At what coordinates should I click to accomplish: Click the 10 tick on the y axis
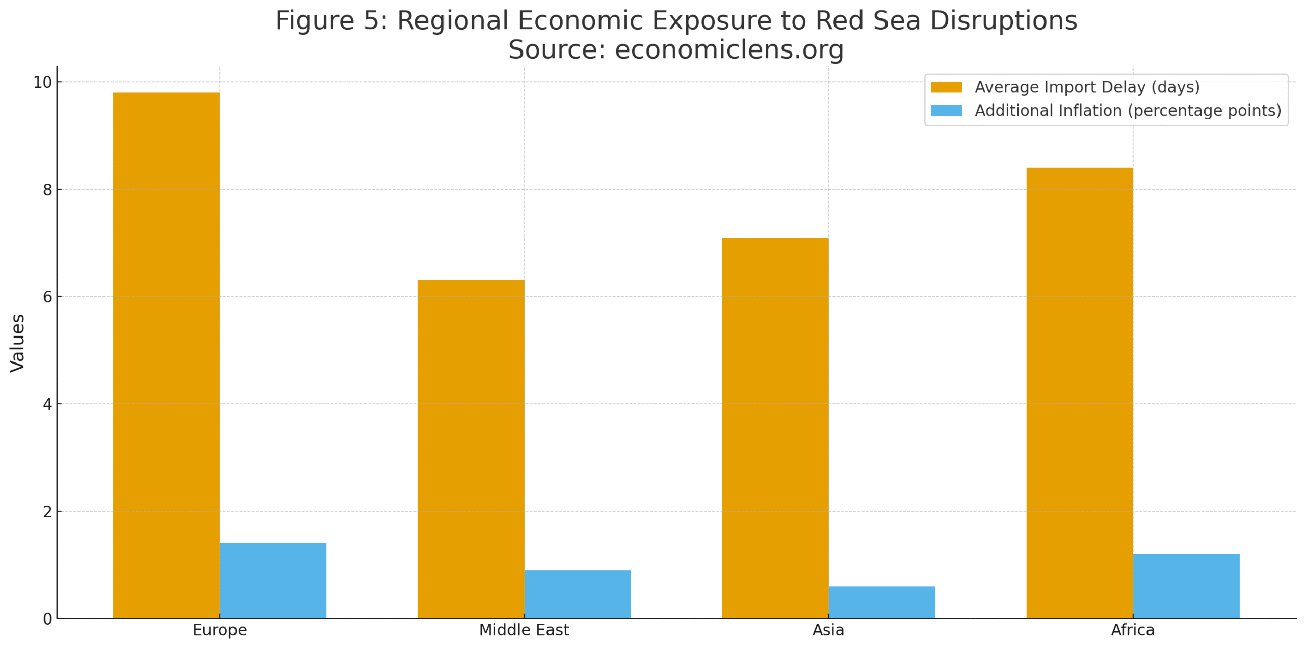pyautogui.click(x=42, y=82)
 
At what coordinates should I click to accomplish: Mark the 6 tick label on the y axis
pyautogui.click(x=47, y=296)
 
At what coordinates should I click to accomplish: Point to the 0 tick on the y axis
pyautogui.click(x=47, y=618)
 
